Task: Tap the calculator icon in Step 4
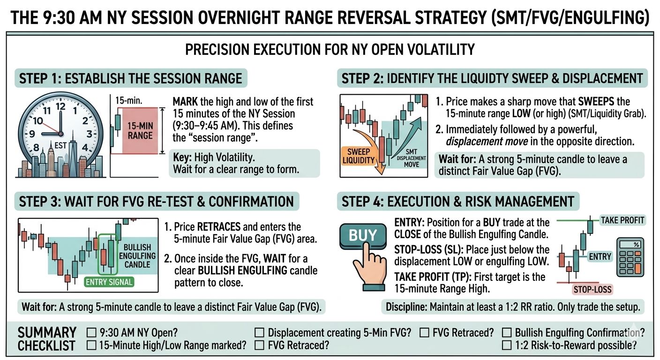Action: pyautogui.click(x=630, y=257)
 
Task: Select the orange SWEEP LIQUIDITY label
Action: pyautogui.click(x=358, y=156)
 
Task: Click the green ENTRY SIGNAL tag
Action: pyautogui.click(x=109, y=282)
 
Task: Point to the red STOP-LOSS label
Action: pyautogui.click(x=592, y=289)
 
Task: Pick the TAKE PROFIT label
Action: pyautogui.click(x=622, y=220)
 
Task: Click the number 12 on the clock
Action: pyautogui.click(x=60, y=106)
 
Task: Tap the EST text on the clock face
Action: pyautogui.click(x=60, y=145)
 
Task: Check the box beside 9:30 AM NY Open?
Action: pyautogui.click(x=91, y=333)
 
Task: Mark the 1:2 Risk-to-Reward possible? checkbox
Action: pyautogui.click(x=507, y=345)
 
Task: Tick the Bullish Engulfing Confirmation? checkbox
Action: pyautogui.click(x=507, y=333)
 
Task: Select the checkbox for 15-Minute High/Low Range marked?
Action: pyautogui.click(x=91, y=345)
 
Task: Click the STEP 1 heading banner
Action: pyautogui.click(x=131, y=78)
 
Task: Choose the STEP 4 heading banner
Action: pyautogui.click(x=458, y=202)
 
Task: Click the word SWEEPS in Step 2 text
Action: pyautogui.click(x=596, y=102)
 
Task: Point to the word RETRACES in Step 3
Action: pyautogui.click(x=219, y=227)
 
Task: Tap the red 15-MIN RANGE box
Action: pyautogui.click(x=140, y=130)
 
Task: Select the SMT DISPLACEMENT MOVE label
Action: pyautogui.click(x=411, y=158)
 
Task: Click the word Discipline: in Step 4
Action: pyautogui.click(x=406, y=307)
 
